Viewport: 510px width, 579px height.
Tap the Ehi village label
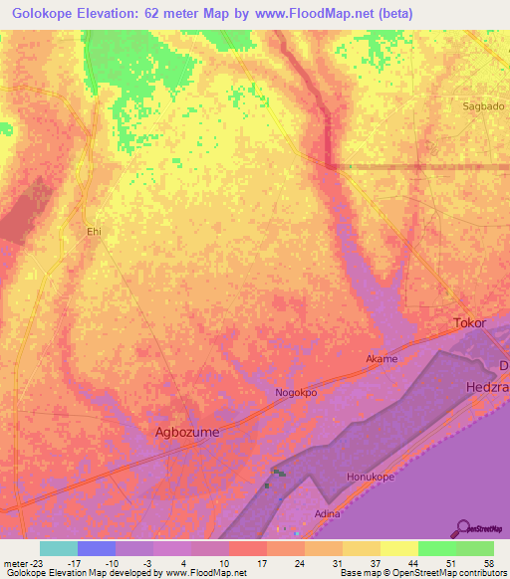[x=95, y=231]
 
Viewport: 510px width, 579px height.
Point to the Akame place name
[x=382, y=358]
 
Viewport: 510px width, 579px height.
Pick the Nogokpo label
[x=296, y=393]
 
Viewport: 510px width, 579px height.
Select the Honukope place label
[x=371, y=478]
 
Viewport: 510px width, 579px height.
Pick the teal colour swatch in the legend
[x=59, y=548]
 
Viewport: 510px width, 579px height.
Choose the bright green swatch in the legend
[x=437, y=548]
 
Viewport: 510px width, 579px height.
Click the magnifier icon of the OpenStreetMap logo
[x=462, y=528]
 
